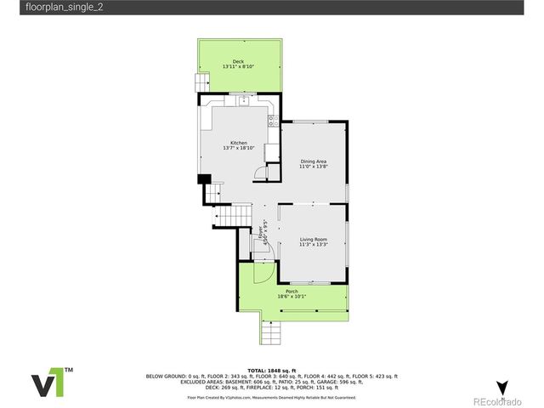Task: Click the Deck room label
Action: (239, 61)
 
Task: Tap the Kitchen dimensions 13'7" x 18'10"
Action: (239, 148)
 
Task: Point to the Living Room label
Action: (313, 240)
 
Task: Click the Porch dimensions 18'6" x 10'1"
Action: (292, 297)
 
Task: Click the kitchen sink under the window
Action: (244, 101)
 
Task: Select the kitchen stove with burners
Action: (273, 121)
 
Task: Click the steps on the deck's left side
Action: (201, 82)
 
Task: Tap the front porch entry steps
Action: (270, 332)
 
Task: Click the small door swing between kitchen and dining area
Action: (262, 173)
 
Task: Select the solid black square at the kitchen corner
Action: (203, 178)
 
